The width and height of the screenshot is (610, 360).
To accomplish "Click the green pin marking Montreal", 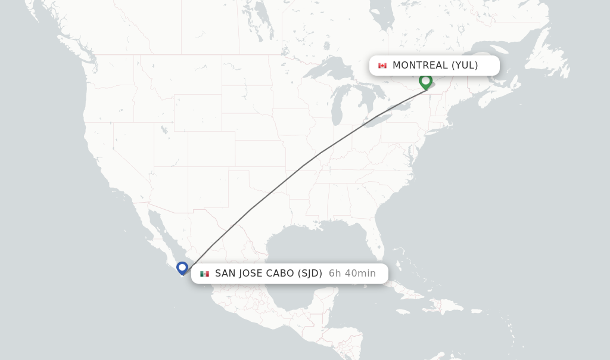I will (425, 80).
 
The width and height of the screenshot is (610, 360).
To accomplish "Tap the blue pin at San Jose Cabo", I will (182, 268).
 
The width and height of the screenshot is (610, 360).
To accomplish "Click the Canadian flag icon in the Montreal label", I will (382, 66).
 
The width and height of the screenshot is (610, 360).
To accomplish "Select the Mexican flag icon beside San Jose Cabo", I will (205, 274).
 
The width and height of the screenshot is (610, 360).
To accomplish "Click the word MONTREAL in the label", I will (419, 66).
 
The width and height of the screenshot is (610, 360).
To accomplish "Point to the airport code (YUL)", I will (465, 66).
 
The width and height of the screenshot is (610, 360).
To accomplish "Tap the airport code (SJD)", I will (309, 274).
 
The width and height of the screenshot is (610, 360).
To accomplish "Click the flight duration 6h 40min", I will (352, 274).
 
